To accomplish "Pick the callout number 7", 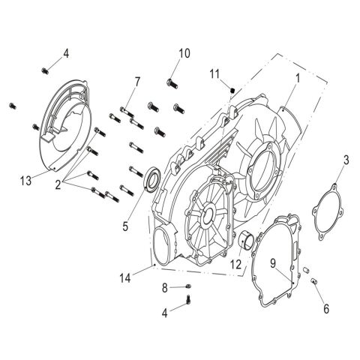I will point(137,80).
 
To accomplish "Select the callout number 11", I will point(214,73).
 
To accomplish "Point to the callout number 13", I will point(25,180).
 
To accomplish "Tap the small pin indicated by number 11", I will point(232,91).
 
